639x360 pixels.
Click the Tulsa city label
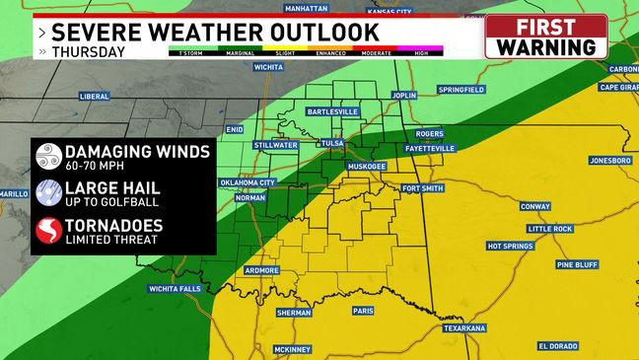(x=333, y=144)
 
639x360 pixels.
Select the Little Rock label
(x=549, y=228)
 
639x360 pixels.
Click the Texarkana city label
(x=464, y=327)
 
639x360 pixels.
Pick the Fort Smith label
(x=425, y=188)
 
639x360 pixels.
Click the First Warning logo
(x=545, y=36)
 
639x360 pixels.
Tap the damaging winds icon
(x=47, y=157)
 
